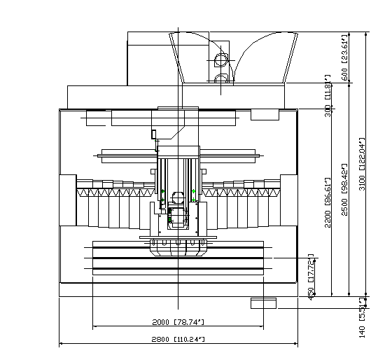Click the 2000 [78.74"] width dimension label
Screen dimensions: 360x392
178,322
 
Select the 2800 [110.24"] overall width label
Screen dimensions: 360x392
178,339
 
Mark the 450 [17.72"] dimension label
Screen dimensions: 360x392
311,277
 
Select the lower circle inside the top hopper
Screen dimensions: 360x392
222,78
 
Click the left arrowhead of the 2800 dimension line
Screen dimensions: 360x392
62,344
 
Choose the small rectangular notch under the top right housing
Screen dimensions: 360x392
265,114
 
